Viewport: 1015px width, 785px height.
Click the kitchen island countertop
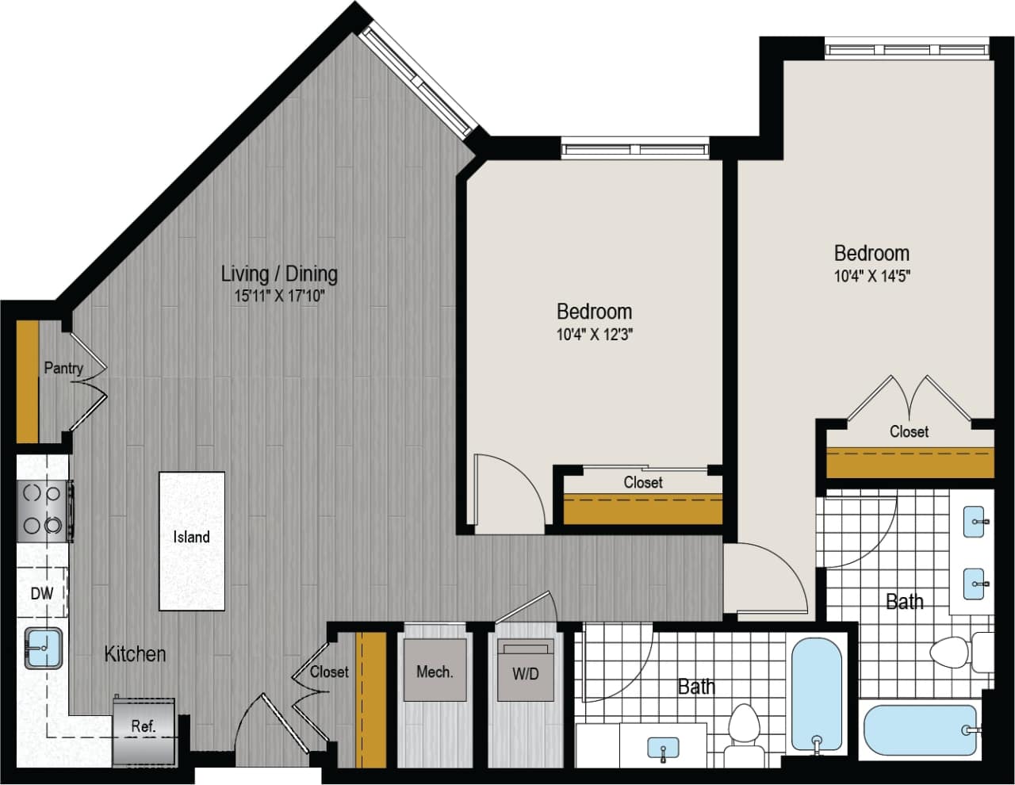[192, 541]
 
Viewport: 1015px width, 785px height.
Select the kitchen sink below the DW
[43, 648]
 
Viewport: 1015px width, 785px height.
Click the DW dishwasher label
[41, 593]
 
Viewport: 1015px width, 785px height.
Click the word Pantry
[63, 368]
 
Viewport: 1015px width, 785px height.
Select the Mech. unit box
[435, 671]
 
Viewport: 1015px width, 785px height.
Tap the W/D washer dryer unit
[525, 672]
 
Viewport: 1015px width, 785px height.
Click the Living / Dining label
[279, 274]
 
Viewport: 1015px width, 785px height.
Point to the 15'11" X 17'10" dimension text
[279, 297]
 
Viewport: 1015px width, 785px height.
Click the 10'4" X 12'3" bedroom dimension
[594, 335]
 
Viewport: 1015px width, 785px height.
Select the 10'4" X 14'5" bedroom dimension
[871, 276]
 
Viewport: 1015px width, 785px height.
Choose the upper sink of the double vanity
[977, 521]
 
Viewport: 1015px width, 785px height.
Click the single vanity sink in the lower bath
[663, 747]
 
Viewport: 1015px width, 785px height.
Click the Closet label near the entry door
[329, 672]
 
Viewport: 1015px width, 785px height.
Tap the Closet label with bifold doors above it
[909, 431]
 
